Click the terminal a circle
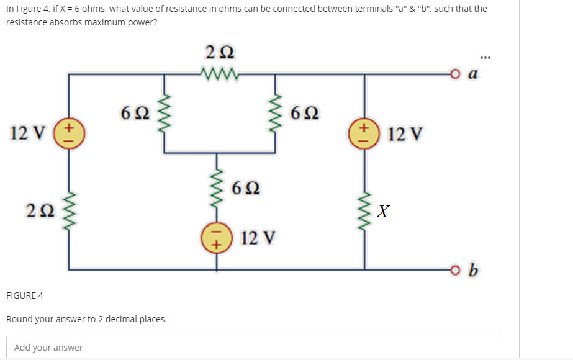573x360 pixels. coord(457,75)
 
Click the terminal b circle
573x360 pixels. coord(457,270)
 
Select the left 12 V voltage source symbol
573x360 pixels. coord(68,132)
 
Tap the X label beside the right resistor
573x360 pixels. coord(383,212)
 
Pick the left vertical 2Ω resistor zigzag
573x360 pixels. coord(68,210)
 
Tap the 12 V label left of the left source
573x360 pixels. coord(27,133)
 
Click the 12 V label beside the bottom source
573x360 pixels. coord(259,238)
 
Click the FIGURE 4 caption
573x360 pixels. coord(25,295)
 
